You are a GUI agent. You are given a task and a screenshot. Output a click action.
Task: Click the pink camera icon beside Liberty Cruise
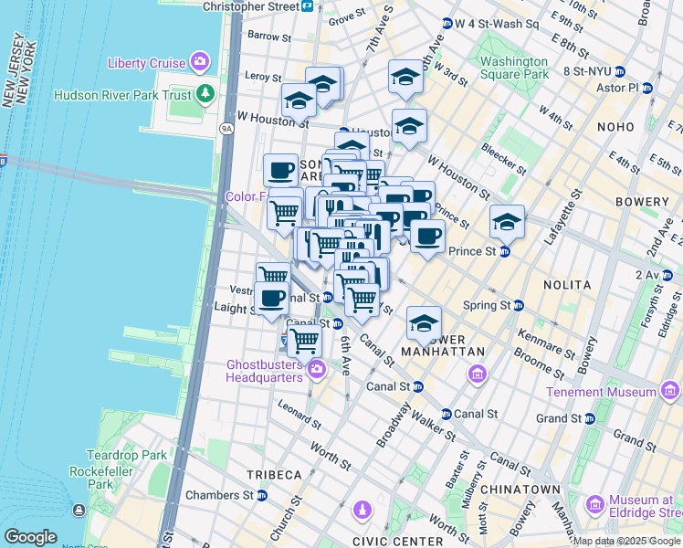click(199, 62)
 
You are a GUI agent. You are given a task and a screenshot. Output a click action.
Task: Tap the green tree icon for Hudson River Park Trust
click(205, 93)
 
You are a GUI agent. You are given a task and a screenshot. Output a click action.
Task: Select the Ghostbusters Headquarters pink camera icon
click(316, 369)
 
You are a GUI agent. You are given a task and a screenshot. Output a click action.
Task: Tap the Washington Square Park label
click(514, 68)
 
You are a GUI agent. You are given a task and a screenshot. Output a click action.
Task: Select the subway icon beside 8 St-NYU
click(620, 70)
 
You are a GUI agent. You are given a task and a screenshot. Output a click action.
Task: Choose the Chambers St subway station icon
click(262, 496)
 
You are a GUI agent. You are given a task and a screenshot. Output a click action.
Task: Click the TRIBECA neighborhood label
click(273, 475)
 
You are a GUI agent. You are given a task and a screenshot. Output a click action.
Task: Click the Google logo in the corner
click(30, 536)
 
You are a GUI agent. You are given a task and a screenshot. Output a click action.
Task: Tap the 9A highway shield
click(226, 129)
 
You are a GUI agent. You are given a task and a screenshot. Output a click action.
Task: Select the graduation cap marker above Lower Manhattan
click(424, 323)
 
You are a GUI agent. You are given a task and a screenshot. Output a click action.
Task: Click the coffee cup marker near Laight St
click(271, 298)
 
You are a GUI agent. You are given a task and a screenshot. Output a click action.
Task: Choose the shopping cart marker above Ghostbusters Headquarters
click(304, 340)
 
